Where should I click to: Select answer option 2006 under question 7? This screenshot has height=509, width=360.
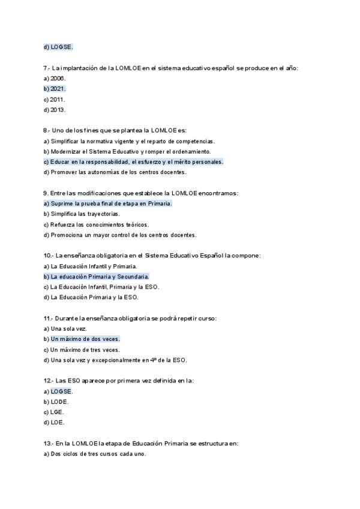point(55,78)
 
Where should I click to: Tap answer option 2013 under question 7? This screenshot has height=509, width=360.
point(55,110)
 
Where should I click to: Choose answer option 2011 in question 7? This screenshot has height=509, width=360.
point(55,99)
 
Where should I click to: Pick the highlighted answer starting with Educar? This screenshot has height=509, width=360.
point(133,161)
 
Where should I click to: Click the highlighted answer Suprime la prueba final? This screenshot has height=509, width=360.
point(107,203)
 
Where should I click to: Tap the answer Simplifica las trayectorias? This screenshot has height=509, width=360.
point(82,214)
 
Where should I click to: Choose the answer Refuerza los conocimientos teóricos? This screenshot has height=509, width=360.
point(96,224)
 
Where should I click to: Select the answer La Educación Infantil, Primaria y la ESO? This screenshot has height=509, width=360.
point(101,287)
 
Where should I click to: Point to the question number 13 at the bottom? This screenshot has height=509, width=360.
point(48,444)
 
